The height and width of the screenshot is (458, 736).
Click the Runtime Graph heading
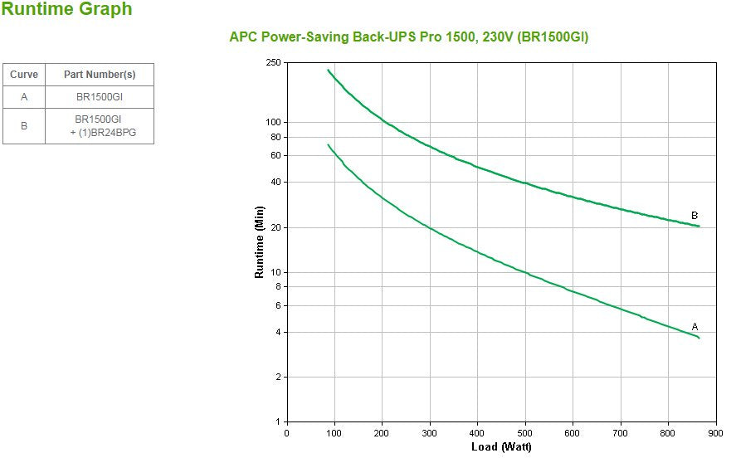pyautogui.click(x=66, y=10)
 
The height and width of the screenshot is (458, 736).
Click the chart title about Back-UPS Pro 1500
pyautogui.click(x=408, y=37)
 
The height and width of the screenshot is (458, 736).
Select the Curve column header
pyautogui.click(x=24, y=75)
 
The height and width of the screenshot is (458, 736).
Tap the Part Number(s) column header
pyautogui.click(x=100, y=75)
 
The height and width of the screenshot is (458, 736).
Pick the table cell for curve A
pyautogui.click(x=24, y=97)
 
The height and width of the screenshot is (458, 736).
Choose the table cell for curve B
pyautogui.click(x=24, y=126)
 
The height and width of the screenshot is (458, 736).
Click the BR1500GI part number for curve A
pyautogui.click(x=100, y=97)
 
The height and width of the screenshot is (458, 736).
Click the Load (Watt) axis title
pyautogui.click(x=502, y=447)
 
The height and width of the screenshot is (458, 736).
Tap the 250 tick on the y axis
pyautogui.click(x=274, y=63)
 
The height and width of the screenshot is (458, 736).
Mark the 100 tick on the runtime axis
pyautogui.click(x=274, y=122)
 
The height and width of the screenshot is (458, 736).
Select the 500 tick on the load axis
pyautogui.click(x=525, y=433)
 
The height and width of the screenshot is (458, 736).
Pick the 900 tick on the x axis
pyautogui.click(x=716, y=433)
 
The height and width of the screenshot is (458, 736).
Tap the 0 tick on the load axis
pyautogui.click(x=287, y=433)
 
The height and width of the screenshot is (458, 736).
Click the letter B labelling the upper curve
pyautogui.click(x=695, y=216)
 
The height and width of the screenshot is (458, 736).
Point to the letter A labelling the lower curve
pyautogui.click(x=695, y=327)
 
